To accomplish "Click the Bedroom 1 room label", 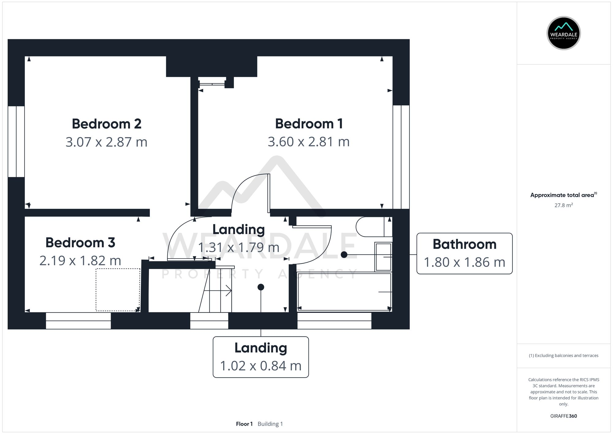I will click(x=309, y=124).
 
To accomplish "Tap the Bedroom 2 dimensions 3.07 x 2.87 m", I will click(x=106, y=142).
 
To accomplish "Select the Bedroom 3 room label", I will click(x=80, y=243).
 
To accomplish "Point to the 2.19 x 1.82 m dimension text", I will click(x=80, y=261).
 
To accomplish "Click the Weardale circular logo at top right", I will click(x=563, y=33).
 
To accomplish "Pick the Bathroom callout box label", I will click(x=464, y=244).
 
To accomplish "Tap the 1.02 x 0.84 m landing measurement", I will click(x=261, y=366).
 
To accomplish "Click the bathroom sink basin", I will click(x=383, y=257).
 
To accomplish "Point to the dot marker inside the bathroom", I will click(x=344, y=255).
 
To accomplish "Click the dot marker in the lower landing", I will click(x=261, y=287).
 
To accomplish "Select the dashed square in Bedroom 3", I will click(x=118, y=290).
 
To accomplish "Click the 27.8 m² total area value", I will click(x=563, y=205).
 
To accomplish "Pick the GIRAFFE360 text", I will click(x=563, y=416).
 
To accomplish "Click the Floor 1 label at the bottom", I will click(x=244, y=424).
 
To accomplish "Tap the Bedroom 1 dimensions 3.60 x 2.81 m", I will click(x=309, y=142).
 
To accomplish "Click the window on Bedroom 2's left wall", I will click(x=16, y=141).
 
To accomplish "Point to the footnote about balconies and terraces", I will click(x=563, y=355).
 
